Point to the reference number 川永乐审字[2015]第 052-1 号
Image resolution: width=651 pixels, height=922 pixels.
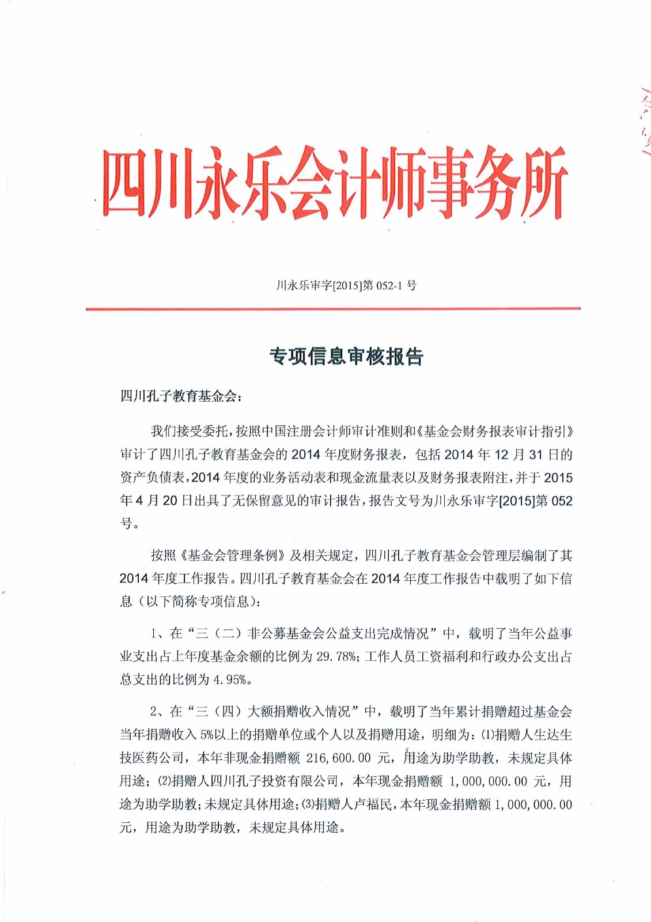pyautogui.click(x=346, y=285)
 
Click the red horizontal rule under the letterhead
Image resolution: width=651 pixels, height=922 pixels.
pyautogui.click(x=333, y=309)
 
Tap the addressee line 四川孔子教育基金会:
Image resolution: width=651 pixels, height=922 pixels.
pyautogui.click(x=181, y=396)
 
